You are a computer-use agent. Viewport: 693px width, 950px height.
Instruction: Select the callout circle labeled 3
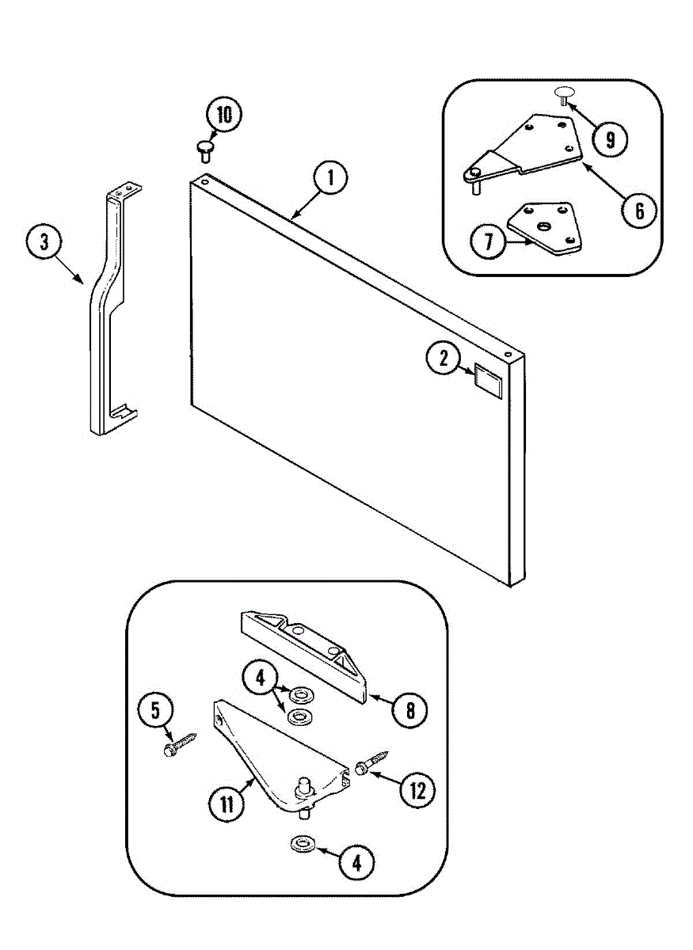point(44,242)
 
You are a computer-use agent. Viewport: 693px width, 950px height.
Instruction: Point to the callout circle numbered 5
point(155,710)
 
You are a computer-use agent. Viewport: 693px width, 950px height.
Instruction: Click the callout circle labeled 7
point(488,242)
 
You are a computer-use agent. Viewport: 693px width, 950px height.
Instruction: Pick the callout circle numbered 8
point(409,709)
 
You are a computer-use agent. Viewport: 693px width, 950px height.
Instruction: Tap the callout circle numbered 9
point(610,139)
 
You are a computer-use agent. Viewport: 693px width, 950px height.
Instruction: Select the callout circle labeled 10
point(224,116)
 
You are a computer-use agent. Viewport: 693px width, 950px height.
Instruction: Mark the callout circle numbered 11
point(227,804)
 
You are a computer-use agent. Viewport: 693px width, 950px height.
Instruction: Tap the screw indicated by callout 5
point(180,745)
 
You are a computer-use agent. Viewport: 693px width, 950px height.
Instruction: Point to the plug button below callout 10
point(204,148)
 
